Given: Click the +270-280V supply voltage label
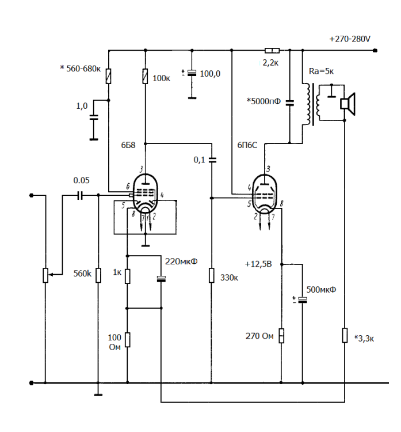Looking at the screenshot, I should [349, 39].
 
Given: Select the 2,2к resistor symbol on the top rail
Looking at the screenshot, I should [271, 51].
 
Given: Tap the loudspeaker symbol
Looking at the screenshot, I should [347, 103].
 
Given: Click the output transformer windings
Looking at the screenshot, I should [312, 104].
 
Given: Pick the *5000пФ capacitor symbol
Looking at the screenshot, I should [290, 103].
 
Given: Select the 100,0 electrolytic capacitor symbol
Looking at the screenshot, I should [192, 73].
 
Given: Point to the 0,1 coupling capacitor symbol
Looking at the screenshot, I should [212, 160].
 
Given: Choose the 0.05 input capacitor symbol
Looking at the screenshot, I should [80, 196].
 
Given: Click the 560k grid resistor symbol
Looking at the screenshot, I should [98, 274].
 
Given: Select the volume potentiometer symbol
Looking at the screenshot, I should [45, 275].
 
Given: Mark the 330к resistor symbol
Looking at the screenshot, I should [212, 275].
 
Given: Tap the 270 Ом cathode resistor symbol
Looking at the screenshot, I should [281, 335].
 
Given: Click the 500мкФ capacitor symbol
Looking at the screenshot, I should [302, 300].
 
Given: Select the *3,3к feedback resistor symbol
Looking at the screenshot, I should [344, 335].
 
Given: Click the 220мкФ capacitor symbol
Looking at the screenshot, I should [161, 279].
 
